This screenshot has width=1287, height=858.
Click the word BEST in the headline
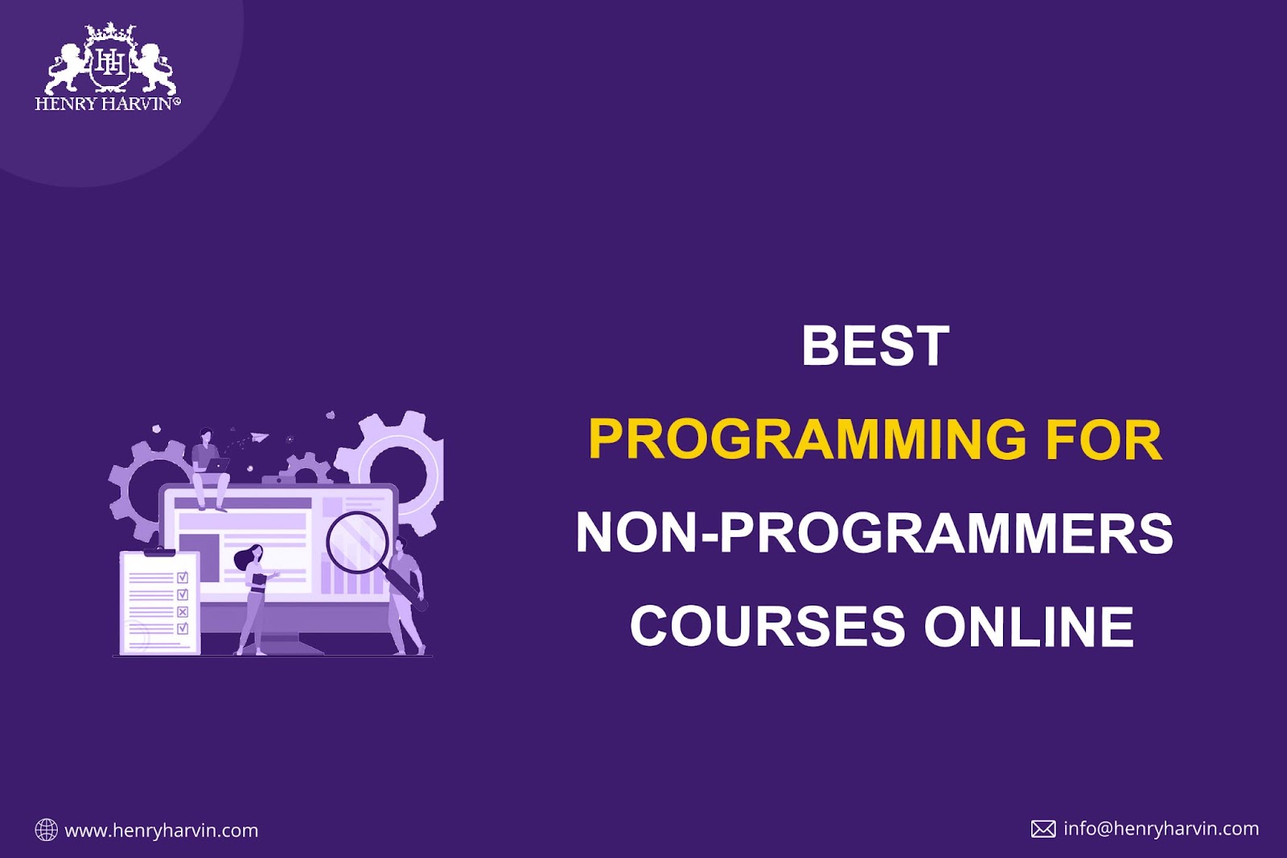(x=875, y=345)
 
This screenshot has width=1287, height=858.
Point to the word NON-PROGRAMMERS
(x=874, y=533)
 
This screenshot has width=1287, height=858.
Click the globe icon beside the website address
(x=47, y=830)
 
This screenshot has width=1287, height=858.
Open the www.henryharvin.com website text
(x=162, y=831)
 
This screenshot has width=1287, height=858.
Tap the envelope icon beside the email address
(x=1043, y=829)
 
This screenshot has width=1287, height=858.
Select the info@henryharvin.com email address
(x=1162, y=829)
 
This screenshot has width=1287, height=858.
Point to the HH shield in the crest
(x=110, y=65)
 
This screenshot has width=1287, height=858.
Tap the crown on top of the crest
(x=110, y=31)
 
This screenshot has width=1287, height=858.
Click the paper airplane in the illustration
(x=260, y=437)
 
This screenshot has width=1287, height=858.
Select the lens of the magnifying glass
(x=357, y=542)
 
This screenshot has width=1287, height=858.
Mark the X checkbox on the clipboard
(x=183, y=612)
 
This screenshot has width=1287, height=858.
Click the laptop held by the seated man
(x=217, y=465)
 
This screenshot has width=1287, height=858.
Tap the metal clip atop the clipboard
(x=159, y=552)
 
